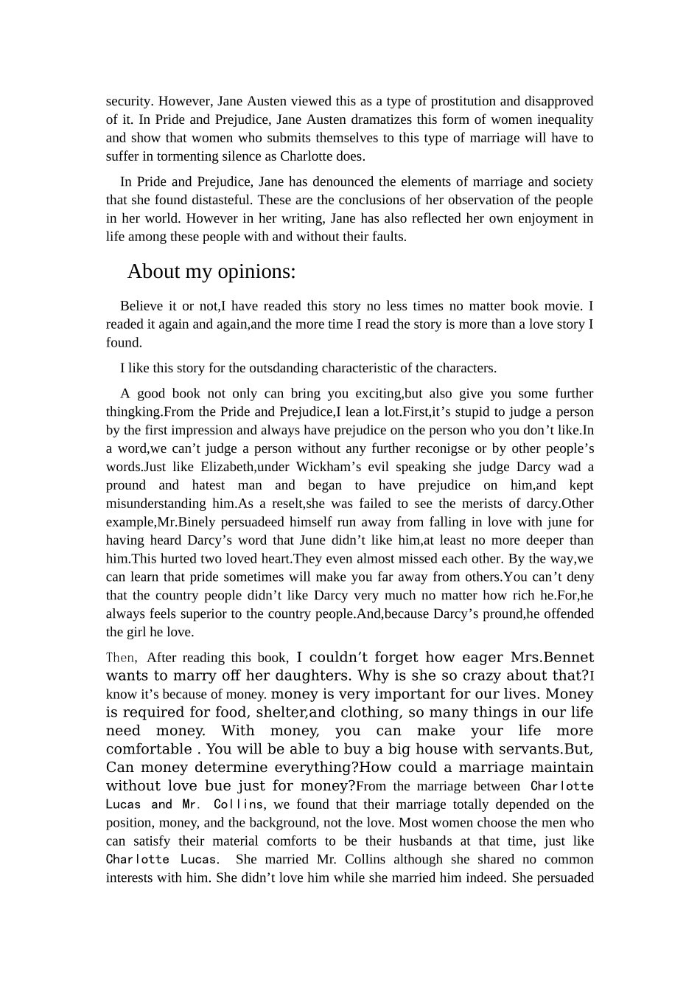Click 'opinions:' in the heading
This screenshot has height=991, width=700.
tap(256, 272)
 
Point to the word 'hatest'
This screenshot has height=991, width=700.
tap(209, 485)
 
